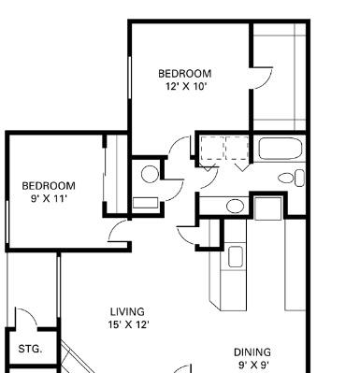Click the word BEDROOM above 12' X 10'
coord(185,74)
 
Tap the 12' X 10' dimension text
coord(186,86)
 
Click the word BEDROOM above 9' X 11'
coord(49,186)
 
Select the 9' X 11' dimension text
coord(49,198)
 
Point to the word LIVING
coord(127,311)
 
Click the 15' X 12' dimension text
coord(128,324)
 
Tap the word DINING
coord(252,352)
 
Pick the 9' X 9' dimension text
coord(253,365)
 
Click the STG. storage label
coord(30,349)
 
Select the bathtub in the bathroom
coord(281,149)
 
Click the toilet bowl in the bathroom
coord(286,179)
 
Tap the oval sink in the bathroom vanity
coord(235,206)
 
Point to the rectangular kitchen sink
coord(236,256)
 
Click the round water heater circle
coord(150,174)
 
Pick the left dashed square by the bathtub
coord(212,149)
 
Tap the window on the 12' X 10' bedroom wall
coord(130,78)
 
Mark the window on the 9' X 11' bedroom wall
coord(7,222)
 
